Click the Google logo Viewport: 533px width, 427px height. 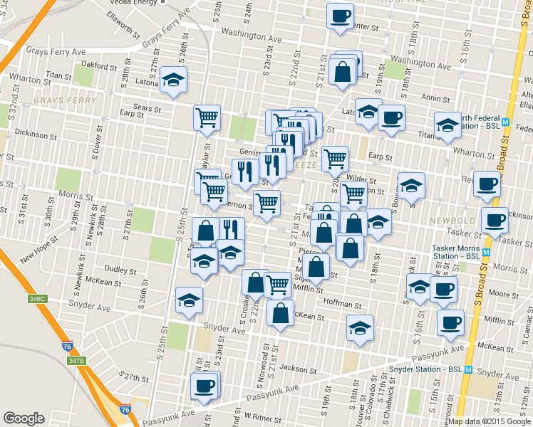coord(24,418)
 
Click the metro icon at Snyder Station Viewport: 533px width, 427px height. coord(468,370)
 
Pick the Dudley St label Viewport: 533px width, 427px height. coord(120,270)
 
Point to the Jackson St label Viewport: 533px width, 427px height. coord(298,369)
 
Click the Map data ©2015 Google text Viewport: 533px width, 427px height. coord(490,421)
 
